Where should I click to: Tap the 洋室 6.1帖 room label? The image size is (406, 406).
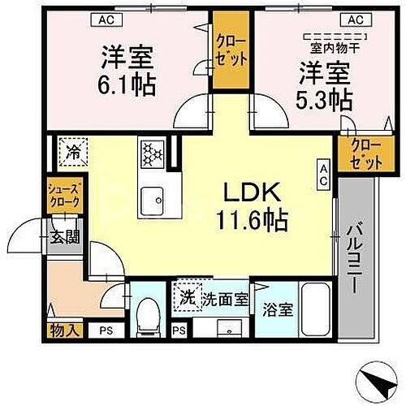tap(127, 71)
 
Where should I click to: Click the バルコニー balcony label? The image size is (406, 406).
tap(355, 255)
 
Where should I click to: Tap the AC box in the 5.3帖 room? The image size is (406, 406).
tap(355, 19)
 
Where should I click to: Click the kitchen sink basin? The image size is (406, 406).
tap(152, 199)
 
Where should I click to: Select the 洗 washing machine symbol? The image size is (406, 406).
tap(187, 296)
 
